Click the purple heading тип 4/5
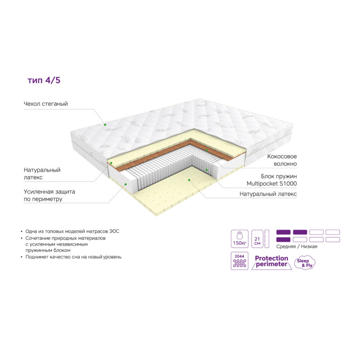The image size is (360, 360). (x=44, y=81)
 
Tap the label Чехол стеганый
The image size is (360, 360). (x=46, y=104)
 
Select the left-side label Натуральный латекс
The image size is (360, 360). (x=42, y=174)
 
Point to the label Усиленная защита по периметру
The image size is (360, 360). (x=49, y=195)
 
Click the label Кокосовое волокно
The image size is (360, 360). (x=282, y=160)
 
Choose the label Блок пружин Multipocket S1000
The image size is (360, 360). (x=272, y=180)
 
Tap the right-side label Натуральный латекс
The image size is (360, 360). (x=268, y=194)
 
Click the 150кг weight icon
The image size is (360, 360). (x=239, y=239)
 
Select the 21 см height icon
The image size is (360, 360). (x=257, y=239)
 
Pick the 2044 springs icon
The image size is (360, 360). (x=239, y=261)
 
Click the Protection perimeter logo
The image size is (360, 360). (x=272, y=261)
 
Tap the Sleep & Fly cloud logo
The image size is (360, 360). (x=305, y=263)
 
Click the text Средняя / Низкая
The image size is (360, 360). (x=297, y=247)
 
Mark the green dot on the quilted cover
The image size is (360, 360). (x=105, y=125)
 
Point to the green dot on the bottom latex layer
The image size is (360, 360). (x=189, y=180)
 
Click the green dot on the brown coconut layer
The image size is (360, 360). (x=207, y=150)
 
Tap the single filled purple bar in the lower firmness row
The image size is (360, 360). (x=283, y=240)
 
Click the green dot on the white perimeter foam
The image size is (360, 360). (x=126, y=184)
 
